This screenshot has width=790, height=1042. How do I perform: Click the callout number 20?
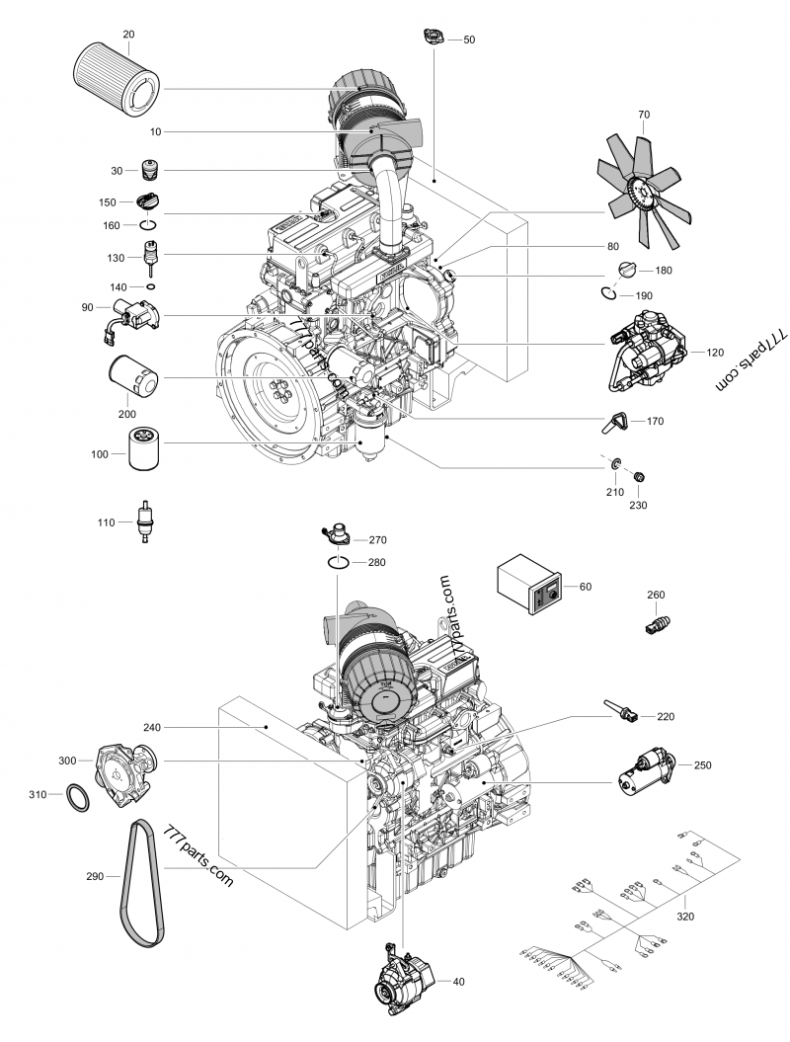pos(128,34)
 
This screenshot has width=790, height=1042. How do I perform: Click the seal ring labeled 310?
pos(80,796)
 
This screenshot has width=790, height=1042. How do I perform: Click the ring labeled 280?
pos(339,563)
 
